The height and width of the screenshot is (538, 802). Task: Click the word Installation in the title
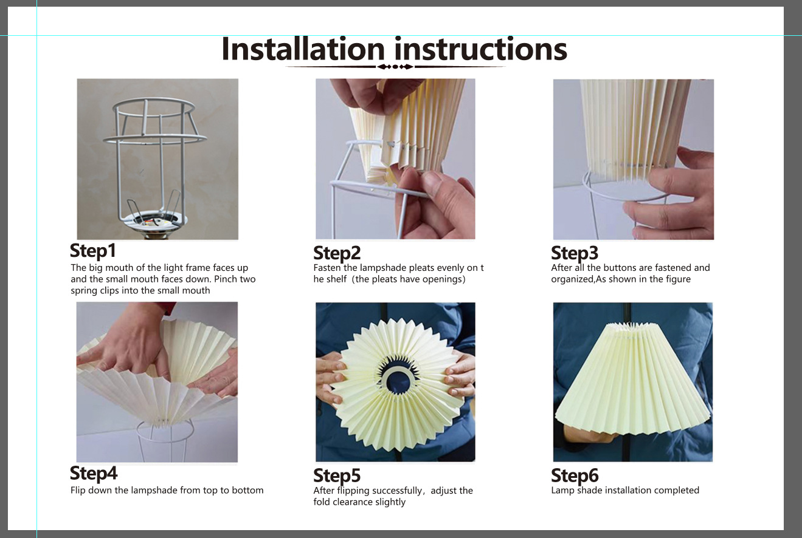[303, 49]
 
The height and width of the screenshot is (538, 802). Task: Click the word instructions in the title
[481, 49]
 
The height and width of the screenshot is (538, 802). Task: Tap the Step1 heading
[93, 251]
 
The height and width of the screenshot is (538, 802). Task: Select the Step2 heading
[337, 253]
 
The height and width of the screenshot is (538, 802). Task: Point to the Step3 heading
[575, 253]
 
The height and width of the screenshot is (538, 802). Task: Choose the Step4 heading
[94, 474]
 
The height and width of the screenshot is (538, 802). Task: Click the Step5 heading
[337, 476]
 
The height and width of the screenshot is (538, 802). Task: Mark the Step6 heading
[575, 476]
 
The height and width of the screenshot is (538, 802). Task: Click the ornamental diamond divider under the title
[395, 67]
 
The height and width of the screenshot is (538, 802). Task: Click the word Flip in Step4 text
[78, 491]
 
